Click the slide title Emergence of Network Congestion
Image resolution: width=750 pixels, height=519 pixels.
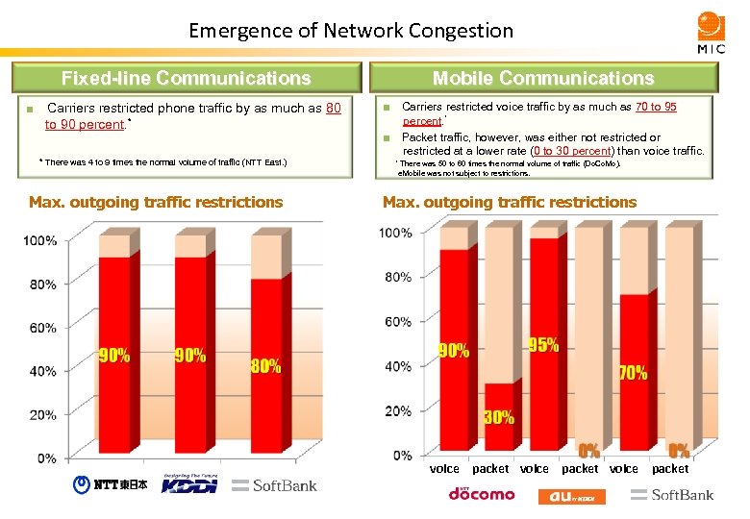351,31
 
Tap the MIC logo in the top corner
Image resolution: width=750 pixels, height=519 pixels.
711,33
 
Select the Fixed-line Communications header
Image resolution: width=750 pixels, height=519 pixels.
187,78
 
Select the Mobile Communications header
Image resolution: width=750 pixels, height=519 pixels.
542,78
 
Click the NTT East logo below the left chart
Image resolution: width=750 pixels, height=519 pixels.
111,485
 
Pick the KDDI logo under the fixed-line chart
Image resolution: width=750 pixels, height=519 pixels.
189,483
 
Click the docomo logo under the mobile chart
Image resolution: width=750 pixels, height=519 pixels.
481,494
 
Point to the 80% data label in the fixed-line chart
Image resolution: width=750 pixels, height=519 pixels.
265,366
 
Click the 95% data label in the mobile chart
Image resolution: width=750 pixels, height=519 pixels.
543,345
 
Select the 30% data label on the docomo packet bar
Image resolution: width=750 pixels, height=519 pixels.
498,418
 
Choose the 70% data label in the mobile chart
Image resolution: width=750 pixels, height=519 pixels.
632,373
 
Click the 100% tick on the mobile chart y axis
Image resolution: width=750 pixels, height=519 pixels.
395,233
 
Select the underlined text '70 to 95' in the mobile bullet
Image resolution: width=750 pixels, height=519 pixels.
656,108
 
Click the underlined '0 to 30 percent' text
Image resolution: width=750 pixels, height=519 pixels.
572,151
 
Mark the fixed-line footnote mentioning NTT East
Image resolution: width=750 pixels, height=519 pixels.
162,161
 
